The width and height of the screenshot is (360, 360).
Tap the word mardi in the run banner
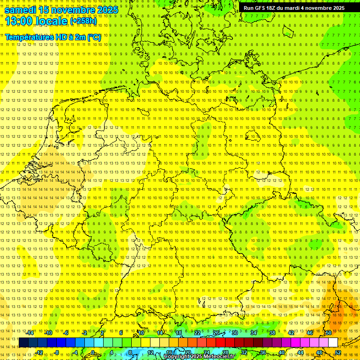pyautogui.click(x=294, y=8)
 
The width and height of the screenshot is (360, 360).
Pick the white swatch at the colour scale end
pyautogui.click(x=333, y=343)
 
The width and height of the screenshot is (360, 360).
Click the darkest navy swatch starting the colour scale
pyautogui.click(x=23, y=343)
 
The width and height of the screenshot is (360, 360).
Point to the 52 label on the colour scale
pyautogui.click(x=338, y=352)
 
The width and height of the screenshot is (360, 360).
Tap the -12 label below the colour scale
pyautogui.click(x=39, y=352)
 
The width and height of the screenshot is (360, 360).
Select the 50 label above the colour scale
pyautogui.click(x=329, y=333)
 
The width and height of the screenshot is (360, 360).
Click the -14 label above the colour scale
pyautogui.click(x=30, y=333)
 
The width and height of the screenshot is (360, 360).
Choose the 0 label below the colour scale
pyautogui.click(x=93, y=352)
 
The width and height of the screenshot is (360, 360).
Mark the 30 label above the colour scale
pyautogui.click(x=234, y=333)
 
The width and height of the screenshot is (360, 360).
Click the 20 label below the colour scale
pyautogui.click(x=187, y=352)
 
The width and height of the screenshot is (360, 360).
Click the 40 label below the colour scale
pyautogui.click(x=282, y=352)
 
